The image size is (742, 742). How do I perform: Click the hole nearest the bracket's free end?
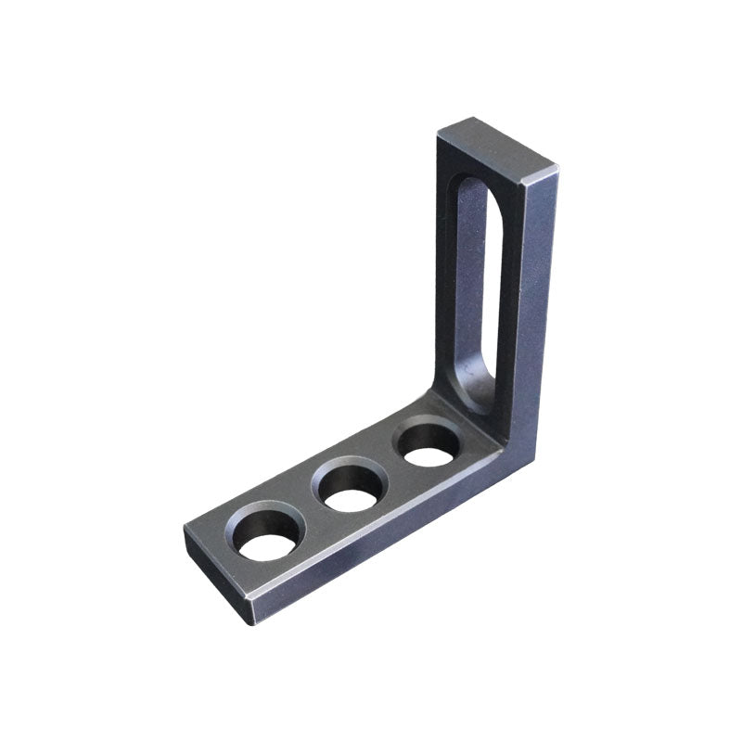pos(268,536)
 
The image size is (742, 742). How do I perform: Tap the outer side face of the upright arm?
pos(538,306)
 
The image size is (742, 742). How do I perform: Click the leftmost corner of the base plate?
pos(185,533)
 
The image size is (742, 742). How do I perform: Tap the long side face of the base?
pos(390,538)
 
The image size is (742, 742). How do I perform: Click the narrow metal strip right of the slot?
pos(510,297)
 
